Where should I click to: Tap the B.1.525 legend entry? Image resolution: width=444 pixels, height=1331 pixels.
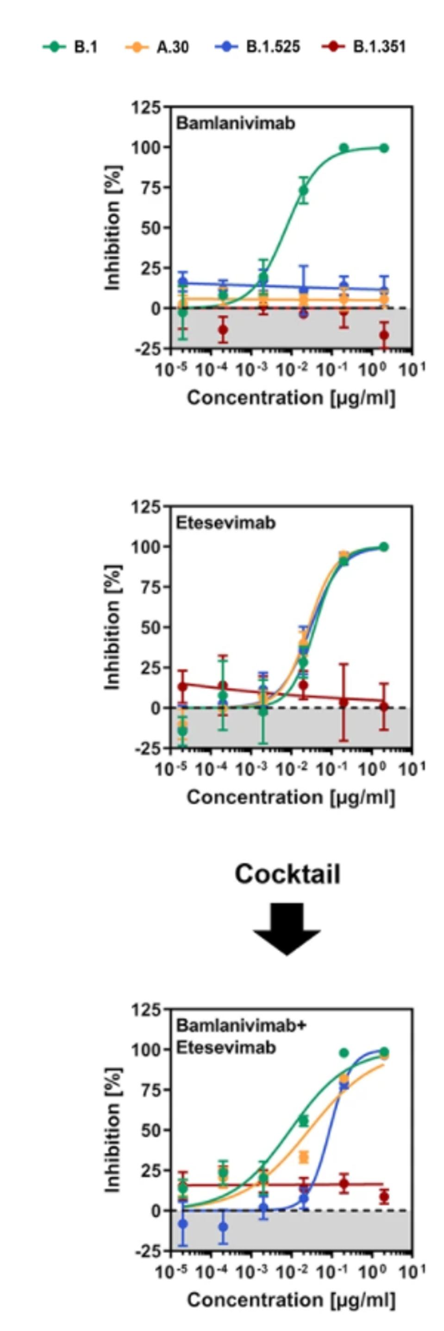click(x=258, y=47)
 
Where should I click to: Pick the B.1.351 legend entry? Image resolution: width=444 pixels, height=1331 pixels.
click(x=365, y=47)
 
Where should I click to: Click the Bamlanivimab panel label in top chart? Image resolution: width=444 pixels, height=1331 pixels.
click(x=235, y=124)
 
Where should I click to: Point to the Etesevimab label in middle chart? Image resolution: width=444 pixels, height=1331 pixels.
click(x=226, y=523)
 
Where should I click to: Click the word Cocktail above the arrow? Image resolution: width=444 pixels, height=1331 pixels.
click(x=288, y=874)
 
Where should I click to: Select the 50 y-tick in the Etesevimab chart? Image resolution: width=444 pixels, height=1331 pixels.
click(x=148, y=627)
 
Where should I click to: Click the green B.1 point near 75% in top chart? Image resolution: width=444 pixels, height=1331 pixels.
click(x=304, y=191)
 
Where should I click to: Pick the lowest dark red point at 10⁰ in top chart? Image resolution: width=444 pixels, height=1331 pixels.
click(x=383, y=335)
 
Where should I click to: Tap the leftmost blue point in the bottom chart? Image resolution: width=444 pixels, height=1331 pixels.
click(x=182, y=1224)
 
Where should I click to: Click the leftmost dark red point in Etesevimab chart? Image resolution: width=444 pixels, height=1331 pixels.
click(x=182, y=687)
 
